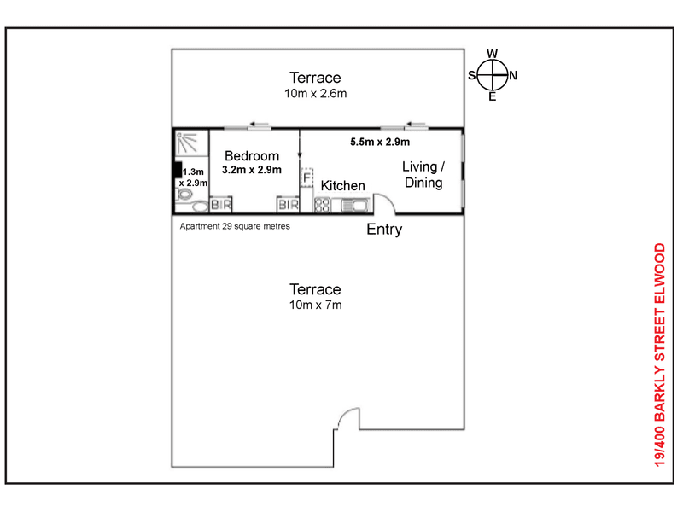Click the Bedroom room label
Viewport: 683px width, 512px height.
point(252,156)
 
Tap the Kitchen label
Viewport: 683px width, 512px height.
point(343,185)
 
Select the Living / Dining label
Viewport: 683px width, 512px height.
point(423,174)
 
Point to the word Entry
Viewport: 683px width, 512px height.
point(384,230)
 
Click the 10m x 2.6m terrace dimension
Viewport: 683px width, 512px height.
point(315,93)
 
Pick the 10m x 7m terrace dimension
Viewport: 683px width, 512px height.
point(315,305)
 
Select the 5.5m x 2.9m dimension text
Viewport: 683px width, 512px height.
point(380,142)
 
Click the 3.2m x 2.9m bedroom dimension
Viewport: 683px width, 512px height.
point(252,170)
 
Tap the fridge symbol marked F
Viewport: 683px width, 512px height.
point(307,177)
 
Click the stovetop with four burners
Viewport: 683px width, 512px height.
point(323,205)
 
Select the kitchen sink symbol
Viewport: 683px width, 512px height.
point(355,205)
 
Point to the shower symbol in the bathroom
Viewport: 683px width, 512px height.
point(187,143)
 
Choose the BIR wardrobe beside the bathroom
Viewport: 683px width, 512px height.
point(221,205)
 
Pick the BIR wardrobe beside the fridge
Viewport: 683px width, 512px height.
point(289,205)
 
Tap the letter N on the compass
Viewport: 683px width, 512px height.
point(513,75)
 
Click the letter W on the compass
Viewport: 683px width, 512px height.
point(493,54)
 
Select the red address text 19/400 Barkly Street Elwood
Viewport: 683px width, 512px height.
point(660,355)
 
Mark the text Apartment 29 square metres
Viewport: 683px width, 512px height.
point(235,226)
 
